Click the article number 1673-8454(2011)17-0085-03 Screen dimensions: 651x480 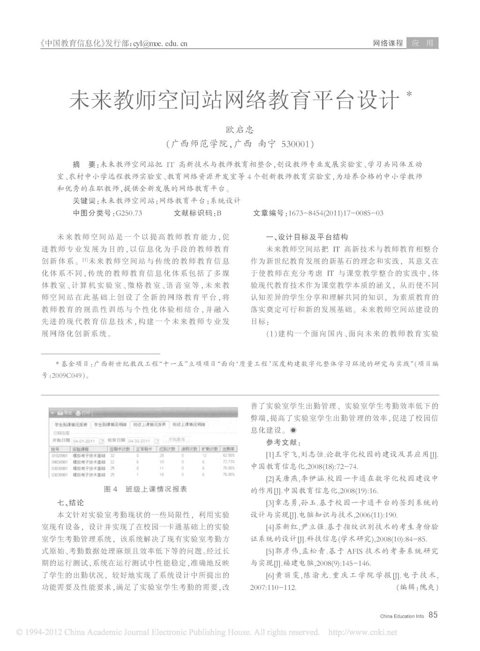(x=336, y=213)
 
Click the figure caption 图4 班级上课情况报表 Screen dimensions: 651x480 (x=145, y=489)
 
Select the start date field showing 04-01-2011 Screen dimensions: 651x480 (x=84, y=441)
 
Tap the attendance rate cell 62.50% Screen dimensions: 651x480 (x=228, y=455)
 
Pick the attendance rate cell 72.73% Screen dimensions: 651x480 (x=228, y=462)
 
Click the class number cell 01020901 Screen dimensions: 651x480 (x=60, y=455)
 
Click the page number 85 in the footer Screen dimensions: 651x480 (x=433, y=615)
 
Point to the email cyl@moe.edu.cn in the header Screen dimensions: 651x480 (x=160, y=44)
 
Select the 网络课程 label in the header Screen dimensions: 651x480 (x=388, y=43)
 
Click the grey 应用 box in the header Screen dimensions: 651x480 (x=422, y=43)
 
